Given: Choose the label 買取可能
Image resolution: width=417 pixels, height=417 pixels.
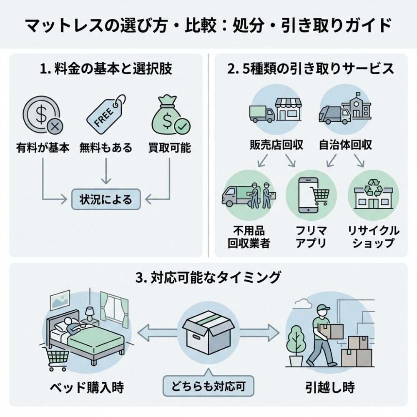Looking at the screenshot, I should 169,148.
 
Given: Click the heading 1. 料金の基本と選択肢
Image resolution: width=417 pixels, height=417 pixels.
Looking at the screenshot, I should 107,68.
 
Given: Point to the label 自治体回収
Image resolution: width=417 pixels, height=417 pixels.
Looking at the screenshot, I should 345,145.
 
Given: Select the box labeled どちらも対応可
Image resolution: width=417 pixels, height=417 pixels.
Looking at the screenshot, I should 208,387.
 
